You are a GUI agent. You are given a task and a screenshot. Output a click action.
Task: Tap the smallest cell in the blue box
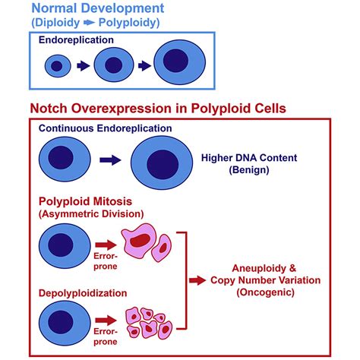60,67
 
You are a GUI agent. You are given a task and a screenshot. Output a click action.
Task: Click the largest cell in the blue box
178,65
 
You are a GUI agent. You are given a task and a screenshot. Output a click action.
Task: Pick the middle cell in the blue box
114,66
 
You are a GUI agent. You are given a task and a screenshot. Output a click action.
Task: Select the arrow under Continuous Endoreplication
111,160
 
